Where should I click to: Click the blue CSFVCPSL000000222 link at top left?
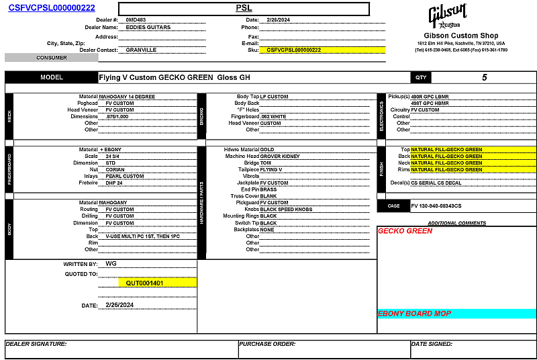coord(52,8)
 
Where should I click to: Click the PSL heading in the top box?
coord(244,8)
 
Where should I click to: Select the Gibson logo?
coord(449,16)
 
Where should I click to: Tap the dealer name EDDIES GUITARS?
coord(148,28)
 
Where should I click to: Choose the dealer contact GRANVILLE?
coord(141,50)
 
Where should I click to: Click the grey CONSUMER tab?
coord(51,58)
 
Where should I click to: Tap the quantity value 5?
coord(485,77)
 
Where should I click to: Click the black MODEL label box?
coord(51,77)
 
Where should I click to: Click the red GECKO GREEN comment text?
coord(405,231)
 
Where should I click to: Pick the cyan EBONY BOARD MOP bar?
coord(456,314)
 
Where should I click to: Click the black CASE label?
coord(393,206)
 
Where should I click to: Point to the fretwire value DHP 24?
coord(114,183)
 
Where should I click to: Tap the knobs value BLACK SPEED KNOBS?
coord(286,210)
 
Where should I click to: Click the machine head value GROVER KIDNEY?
coord(282,156)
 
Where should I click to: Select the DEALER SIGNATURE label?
coord(36,344)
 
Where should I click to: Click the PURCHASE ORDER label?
coord(267,344)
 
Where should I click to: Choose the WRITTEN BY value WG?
coord(111,264)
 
